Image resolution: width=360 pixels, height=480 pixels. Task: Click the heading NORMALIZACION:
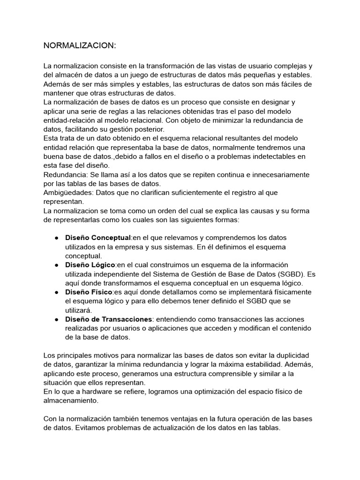tap(79, 45)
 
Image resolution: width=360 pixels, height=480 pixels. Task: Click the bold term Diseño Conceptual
tap(98, 238)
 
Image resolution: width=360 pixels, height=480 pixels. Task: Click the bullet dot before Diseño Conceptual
tap(56, 238)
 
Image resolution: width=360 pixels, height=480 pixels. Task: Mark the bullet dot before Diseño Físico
tap(56, 292)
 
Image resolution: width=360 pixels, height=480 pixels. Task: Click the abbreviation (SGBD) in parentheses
tap(289, 274)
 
